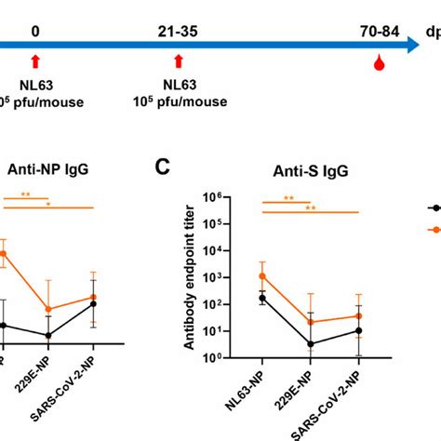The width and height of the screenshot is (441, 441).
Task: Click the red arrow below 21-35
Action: click(x=178, y=61)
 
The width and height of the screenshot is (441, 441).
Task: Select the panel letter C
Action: click(x=162, y=167)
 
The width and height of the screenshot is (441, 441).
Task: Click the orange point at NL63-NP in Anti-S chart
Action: click(x=263, y=275)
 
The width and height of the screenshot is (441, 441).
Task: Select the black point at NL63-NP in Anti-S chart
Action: click(x=263, y=298)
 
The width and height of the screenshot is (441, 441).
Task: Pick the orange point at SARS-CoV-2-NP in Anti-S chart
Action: click(x=358, y=315)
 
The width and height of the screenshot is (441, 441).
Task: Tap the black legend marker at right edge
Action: click(x=434, y=208)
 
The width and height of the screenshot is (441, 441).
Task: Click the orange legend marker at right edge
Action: click(x=434, y=229)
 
